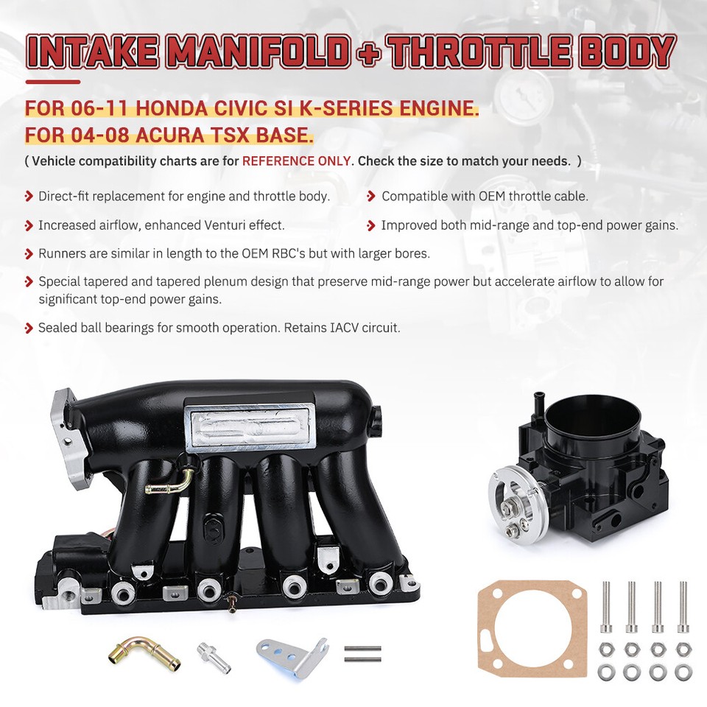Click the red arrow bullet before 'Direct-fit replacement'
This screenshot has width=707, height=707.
click(29, 197)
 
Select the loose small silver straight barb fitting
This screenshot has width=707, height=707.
click(214, 655)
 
